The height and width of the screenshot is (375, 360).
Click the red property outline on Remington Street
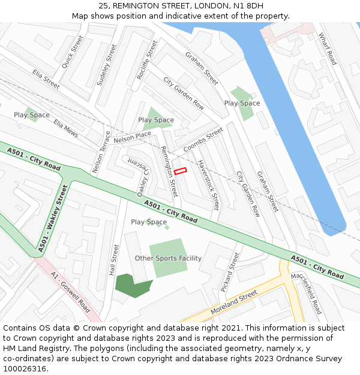[x=181, y=171]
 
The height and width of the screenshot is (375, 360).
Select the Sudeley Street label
[x=106, y=64]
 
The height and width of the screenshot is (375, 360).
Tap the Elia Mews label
[x=66, y=128]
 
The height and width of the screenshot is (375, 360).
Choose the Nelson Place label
[x=132, y=137]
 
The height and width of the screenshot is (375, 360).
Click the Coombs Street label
[x=203, y=139]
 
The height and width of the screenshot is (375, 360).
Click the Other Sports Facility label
[x=168, y=259]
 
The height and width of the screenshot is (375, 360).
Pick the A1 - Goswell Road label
[x=71, y=293]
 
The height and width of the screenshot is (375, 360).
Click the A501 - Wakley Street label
[x=53, y=218]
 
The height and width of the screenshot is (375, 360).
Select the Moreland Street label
[x=233, y=302]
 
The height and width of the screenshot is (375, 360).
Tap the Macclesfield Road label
[x=306, y=293]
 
